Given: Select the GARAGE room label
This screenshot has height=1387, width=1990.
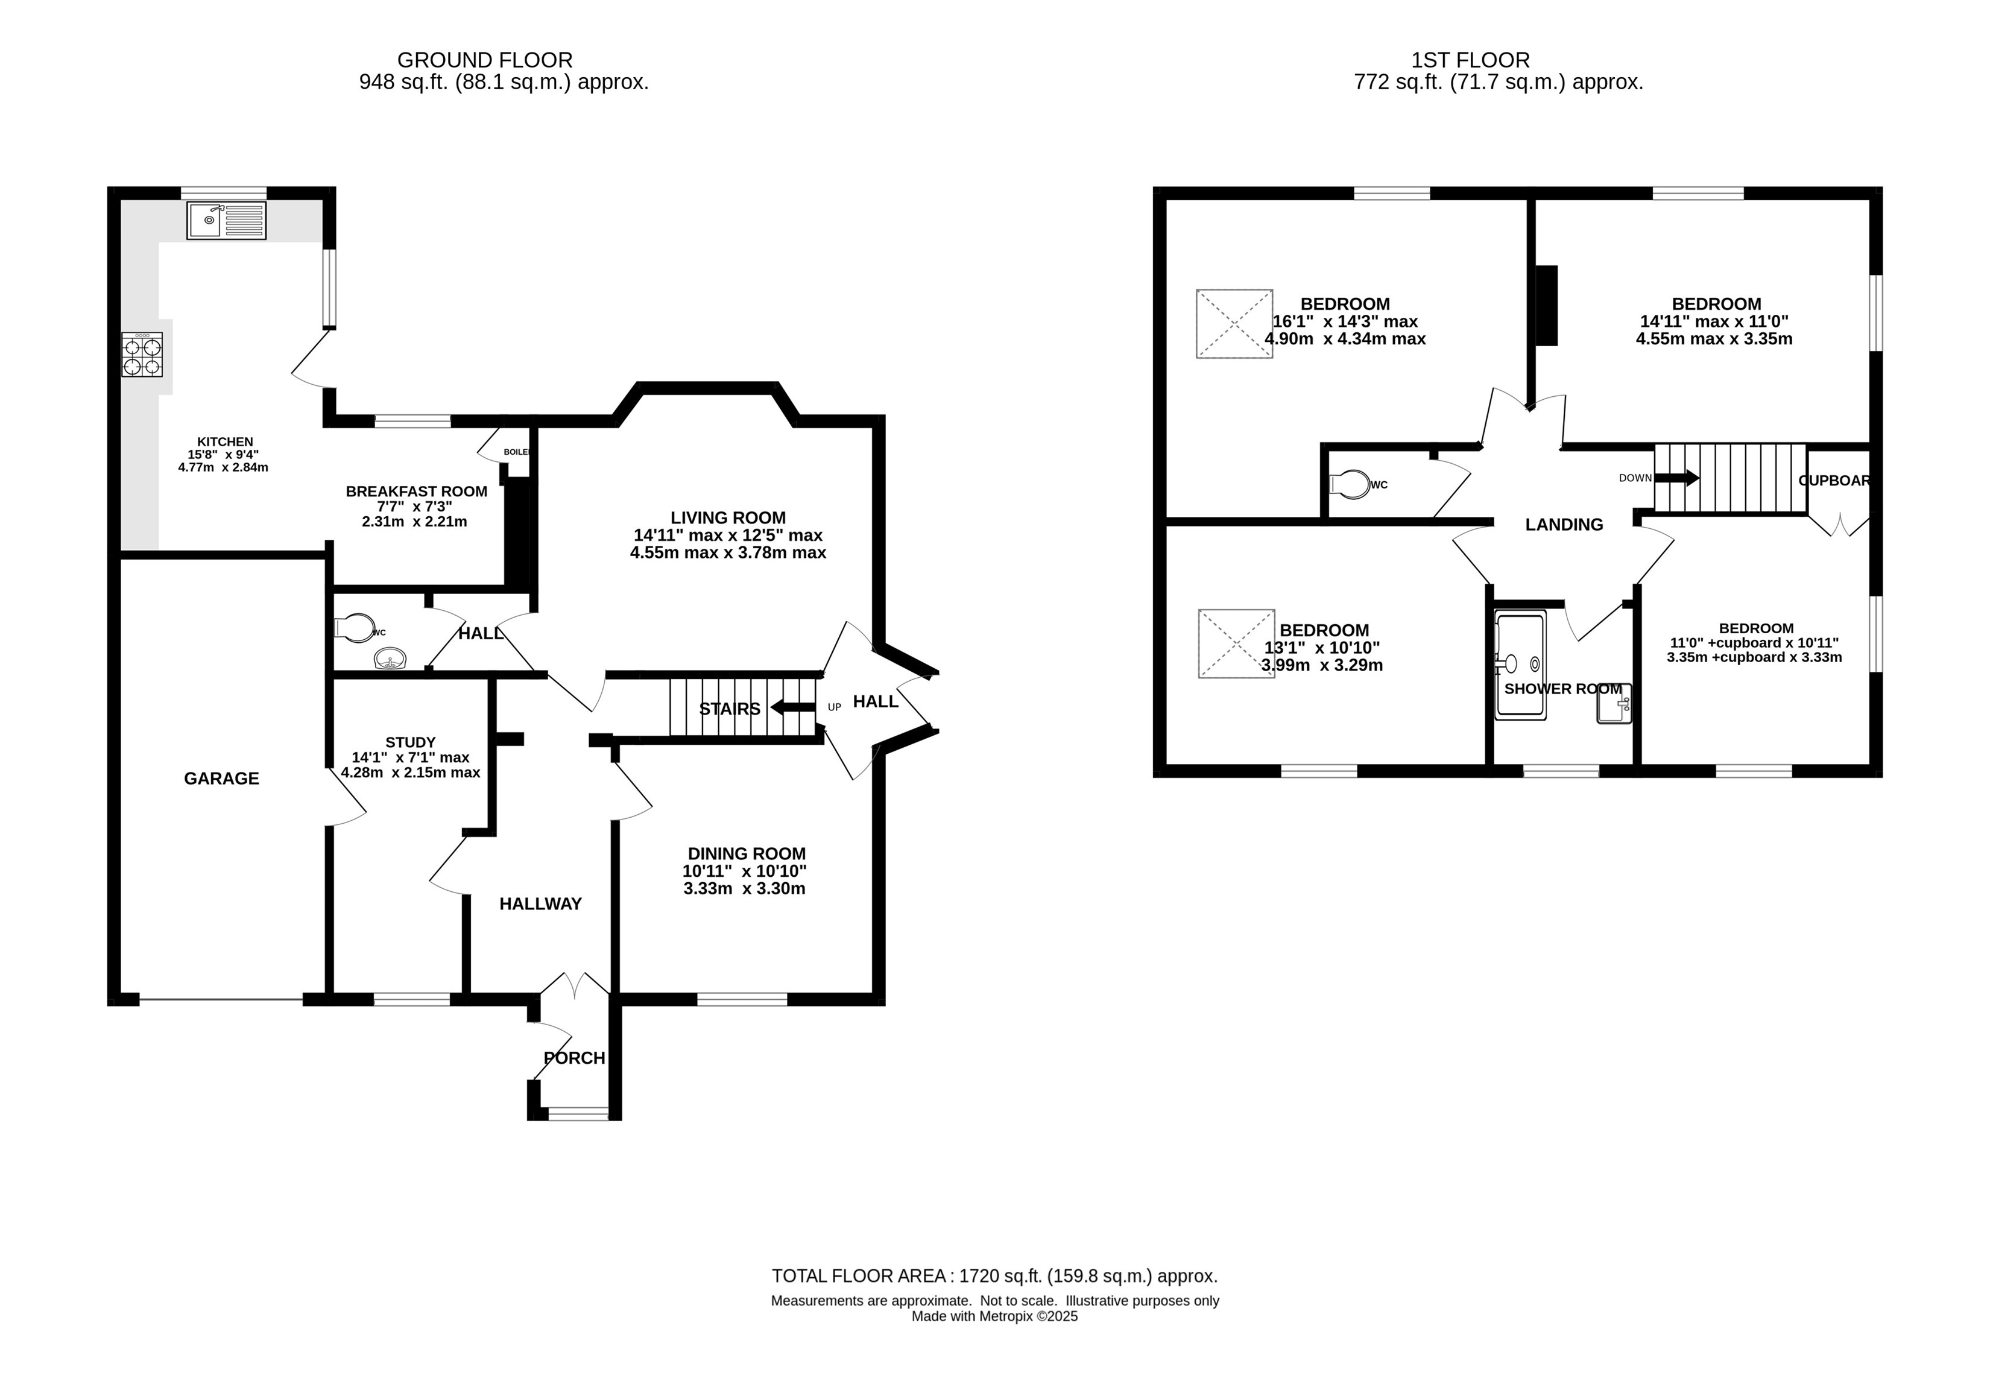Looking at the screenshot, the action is [221, 779].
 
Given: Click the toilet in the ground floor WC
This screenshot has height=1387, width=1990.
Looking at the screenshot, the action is [355, 628].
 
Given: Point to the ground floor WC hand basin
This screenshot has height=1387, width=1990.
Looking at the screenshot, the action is [391, 660].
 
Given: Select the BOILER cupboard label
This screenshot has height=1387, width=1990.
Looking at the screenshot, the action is [517, 452].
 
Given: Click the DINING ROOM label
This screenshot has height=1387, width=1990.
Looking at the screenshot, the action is [747, 854].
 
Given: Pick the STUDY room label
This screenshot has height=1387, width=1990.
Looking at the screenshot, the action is [410, 742].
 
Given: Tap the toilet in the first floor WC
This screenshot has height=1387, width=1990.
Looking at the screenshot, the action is [1350, 485].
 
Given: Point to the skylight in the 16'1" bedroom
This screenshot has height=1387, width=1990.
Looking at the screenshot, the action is [1234, 323].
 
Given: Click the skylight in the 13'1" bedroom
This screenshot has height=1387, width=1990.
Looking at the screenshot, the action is [1236, 643].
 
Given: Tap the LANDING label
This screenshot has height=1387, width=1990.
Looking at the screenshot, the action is [1564, 525].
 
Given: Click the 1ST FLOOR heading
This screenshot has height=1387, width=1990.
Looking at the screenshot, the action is [1470, 60].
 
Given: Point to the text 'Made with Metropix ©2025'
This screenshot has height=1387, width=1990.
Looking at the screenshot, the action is [995, 1316].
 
